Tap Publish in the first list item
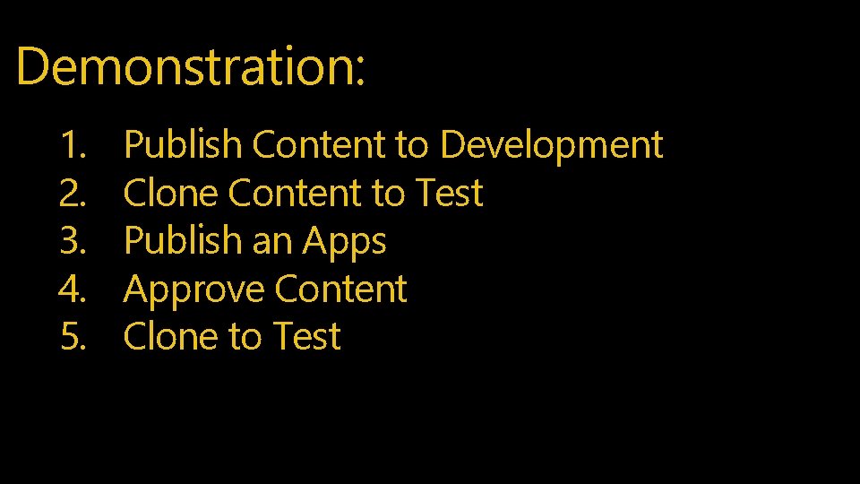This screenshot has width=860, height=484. [183, 144]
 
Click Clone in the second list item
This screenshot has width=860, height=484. [171, 193]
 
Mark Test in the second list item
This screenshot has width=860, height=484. [449, 193]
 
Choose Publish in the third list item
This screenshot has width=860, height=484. [183, 241]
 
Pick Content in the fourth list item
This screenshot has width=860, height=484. [341, 290]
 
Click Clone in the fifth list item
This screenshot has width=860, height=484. [171, 337]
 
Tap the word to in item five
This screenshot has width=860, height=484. [245, 338]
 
